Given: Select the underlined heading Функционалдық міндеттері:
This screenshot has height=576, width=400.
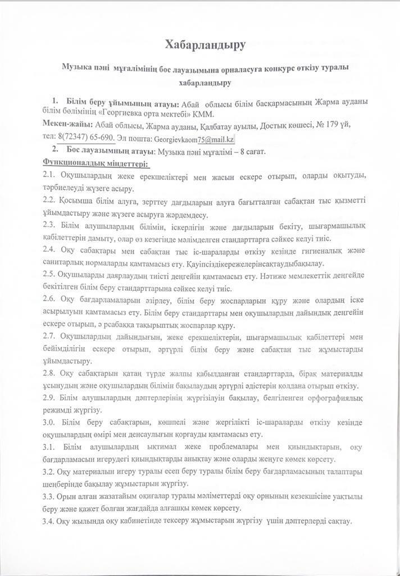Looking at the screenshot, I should tap(96, 164).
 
